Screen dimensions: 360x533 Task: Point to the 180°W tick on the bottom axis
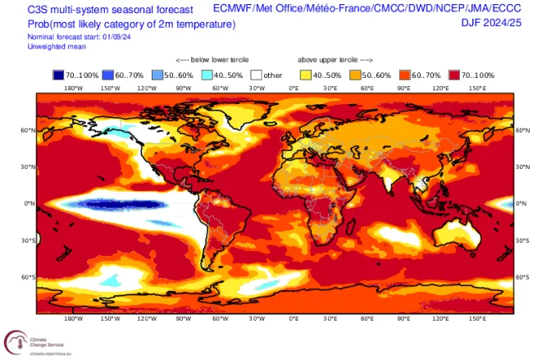click(72, 317)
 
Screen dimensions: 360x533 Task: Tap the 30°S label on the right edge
click(522, 240)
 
